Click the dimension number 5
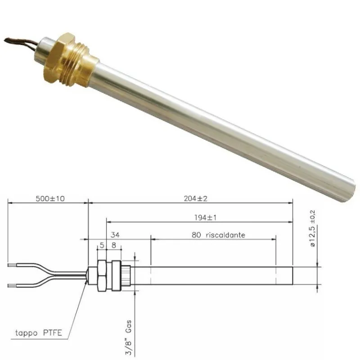[102, 246]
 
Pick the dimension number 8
[113, 246]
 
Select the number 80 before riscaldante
[196, 235]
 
